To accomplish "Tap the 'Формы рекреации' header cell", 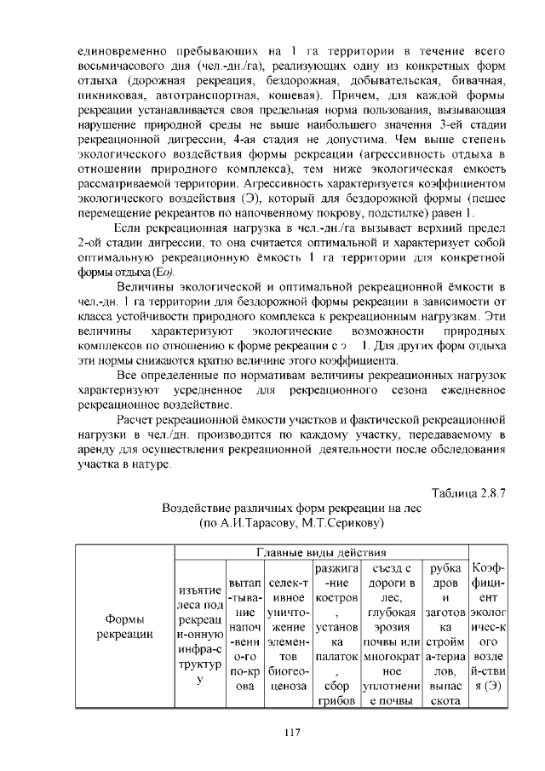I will [123, 625].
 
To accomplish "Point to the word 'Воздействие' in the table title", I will [203, 507].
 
